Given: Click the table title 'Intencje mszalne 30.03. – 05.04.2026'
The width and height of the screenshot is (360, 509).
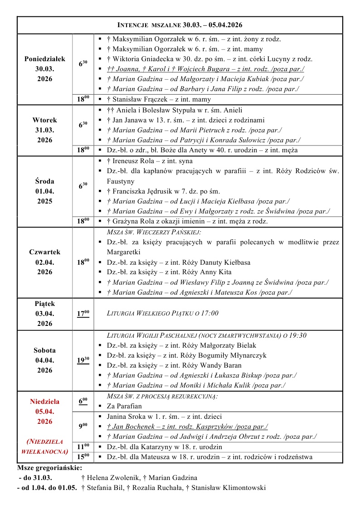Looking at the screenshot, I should click(x=180, y=25).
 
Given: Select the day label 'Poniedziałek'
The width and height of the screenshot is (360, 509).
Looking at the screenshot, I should click(x=44, y=59).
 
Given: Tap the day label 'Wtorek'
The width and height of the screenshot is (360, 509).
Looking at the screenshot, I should click(x=44, y=120).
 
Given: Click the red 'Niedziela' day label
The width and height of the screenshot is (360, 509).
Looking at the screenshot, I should click(x=44, y=402).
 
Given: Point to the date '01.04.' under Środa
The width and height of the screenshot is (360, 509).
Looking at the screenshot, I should click(x=44, y=191).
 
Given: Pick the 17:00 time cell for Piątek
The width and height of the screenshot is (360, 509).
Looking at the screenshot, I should click(x=83, y=313).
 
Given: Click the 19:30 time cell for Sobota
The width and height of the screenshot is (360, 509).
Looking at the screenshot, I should click(x=83, y=360).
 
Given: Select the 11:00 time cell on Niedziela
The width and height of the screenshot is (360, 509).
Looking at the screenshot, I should click(x=83, y=446).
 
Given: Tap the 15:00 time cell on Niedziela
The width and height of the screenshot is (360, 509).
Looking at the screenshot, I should click(x=83, y=456).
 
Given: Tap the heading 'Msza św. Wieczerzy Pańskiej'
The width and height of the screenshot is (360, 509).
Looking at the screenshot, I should click(x=154, y=232).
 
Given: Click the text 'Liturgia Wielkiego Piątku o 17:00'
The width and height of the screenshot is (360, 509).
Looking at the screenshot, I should click(x=163, y=313).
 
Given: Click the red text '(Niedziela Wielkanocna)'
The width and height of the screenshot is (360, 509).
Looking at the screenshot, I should click(x=44, y=446).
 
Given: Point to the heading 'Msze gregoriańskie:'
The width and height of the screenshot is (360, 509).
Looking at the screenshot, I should click(x=49, y=467).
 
